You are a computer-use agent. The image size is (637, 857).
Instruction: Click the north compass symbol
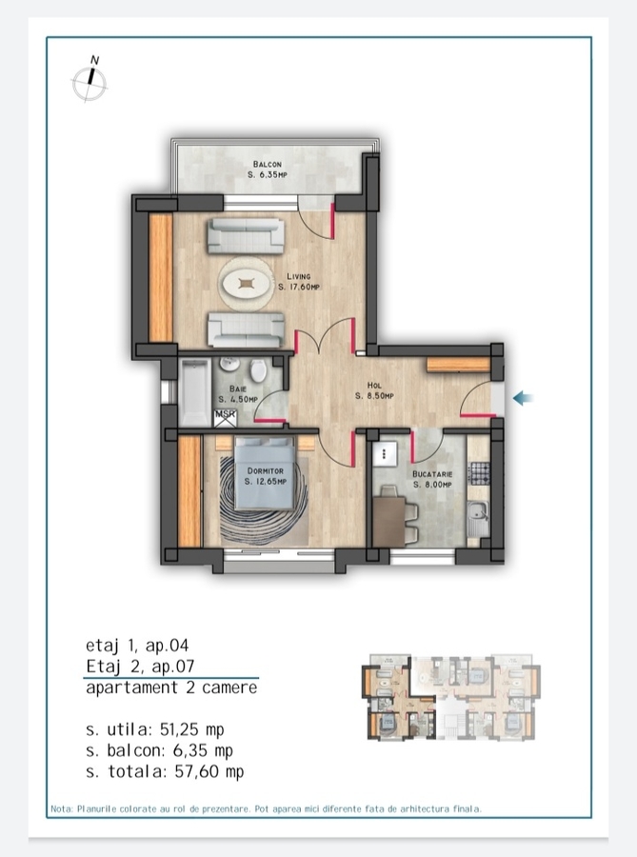pos(90,80)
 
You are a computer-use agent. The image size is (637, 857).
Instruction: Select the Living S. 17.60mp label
pos(298,282)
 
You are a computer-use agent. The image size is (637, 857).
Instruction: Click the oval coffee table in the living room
pos(247,283)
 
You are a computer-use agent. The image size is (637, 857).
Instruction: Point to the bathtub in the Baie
pos(195,391)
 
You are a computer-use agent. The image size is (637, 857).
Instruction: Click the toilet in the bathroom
pos(258,369)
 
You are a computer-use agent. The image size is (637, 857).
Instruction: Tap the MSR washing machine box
pos(225,418)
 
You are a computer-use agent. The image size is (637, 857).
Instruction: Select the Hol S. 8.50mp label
pos(374,390)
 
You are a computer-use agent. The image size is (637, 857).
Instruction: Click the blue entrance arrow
pos(523,398)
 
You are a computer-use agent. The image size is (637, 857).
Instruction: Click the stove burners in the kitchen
pos(480,474)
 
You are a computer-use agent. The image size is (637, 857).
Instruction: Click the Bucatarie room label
pos(432,479)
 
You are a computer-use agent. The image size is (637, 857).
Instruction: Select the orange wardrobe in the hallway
pos(458,365)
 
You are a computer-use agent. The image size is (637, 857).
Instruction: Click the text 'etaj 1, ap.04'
pos(137,646)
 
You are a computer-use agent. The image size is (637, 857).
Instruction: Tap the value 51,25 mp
pos(191,729)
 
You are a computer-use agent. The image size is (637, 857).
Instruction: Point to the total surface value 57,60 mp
pos(209,771)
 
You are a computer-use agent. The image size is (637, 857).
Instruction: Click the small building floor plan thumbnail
pos(450,697)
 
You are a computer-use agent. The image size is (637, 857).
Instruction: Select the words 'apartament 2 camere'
pos(171,688)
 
